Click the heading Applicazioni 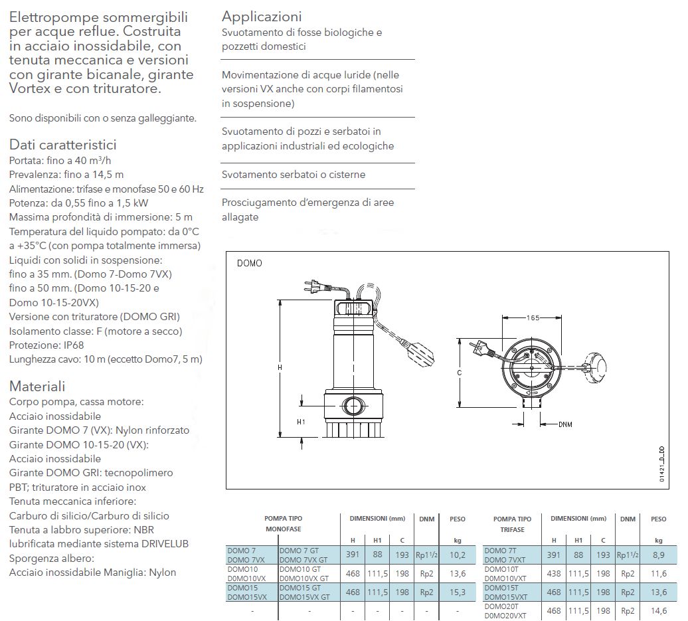(261, 16)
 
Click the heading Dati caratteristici (62, 145)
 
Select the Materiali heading (37, 387)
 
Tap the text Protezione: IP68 (46, 345)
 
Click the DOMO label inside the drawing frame (250, 263)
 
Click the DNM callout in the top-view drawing (565, 424)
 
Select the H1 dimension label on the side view (301, 422)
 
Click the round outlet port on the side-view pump (351, 405)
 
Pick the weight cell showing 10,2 (458, 555)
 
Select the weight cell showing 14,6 (658, 610)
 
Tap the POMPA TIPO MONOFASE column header (283, 524)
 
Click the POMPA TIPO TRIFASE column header (512, 524)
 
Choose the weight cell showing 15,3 (458, 592)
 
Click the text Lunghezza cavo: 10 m (106, 359)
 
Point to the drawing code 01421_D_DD (661, 465)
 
